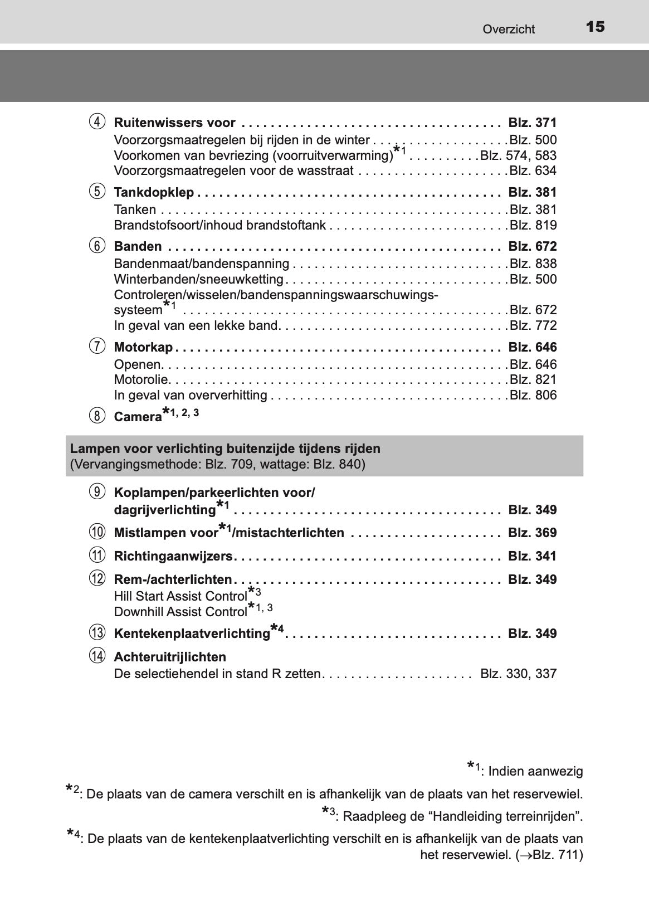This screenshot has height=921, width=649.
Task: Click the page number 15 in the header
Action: pyautogui.click(x=595, y=27)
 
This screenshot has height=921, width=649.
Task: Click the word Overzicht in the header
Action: pyautogui.click(x=509, y=30)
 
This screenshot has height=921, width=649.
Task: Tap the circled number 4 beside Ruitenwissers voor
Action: pyautogui.click(x=97, y=121)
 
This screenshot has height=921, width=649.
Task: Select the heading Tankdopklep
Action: pyautogui.click(x=154, y=193)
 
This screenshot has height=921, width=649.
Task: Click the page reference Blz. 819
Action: pyautogui.click(x=533, y=225)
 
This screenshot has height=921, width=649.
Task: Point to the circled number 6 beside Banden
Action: pyautogui.click(x=97, y=246)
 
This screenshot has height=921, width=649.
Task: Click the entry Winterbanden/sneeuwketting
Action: pyautogui.click(x=199, y=279)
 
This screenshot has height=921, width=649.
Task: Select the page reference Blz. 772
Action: pyautogui.click(x=533, y=325)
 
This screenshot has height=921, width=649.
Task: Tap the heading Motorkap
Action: pyautogui.click(x=143, y=348)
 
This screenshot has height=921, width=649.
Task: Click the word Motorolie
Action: pyautogui.click(x=141, y=380)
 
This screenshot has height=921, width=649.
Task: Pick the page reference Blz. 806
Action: pyautogui.click(x=533, y=396)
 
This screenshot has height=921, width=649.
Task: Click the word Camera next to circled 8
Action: pyautogui.click(x=138, y=417)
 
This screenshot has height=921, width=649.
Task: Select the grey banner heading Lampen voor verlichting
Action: pyautogui.click(x=225, y=449)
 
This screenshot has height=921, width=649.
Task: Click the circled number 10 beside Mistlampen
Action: pyautogui.click(x=97, y=532)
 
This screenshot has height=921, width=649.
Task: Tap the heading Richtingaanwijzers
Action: pyautogui.click(x=173, y=556)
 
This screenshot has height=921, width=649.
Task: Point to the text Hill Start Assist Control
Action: pyautogui.click(x=180, y=597)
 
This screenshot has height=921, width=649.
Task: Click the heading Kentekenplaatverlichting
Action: pyautogui.click(x=192, y=634)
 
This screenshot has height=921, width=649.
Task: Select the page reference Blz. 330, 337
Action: pyautogui.click(x=518, y=674)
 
